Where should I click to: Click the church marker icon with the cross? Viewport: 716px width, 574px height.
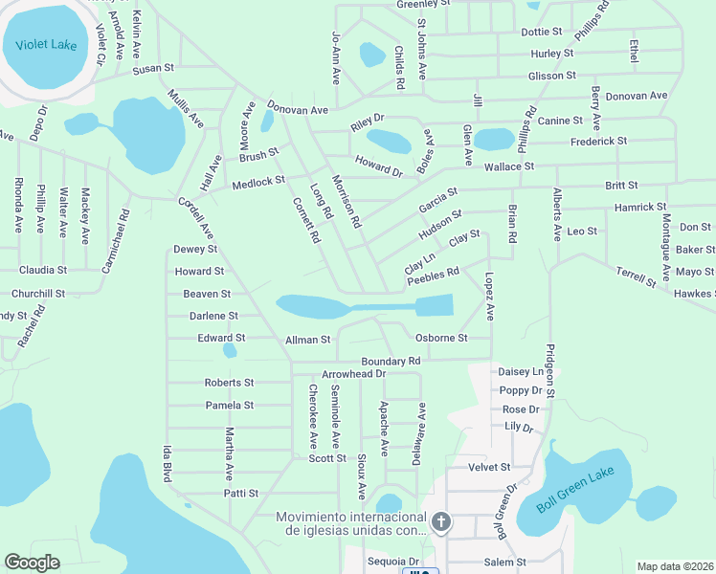pos(440,521)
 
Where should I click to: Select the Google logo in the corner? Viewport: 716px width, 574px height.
pos(33,563)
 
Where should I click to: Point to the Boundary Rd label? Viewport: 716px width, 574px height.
pos(391,361)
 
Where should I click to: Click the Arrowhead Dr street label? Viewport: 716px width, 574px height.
pos(352,373)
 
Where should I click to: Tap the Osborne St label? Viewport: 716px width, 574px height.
pos(441,338)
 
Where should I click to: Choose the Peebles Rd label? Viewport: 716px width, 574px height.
pos(433,276)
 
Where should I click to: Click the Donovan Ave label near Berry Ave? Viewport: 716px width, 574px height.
pos(637,96)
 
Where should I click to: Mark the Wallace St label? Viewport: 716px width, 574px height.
pos(508,166)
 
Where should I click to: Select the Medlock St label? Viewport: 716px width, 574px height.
pos(259,181)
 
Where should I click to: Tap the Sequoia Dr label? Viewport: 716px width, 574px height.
pos(394,562)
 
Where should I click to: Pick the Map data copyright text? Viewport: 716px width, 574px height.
pos(674,566)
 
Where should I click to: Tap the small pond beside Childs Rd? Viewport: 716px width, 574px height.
pos(371,55)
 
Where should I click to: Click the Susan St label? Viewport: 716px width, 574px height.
pos(153,69)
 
